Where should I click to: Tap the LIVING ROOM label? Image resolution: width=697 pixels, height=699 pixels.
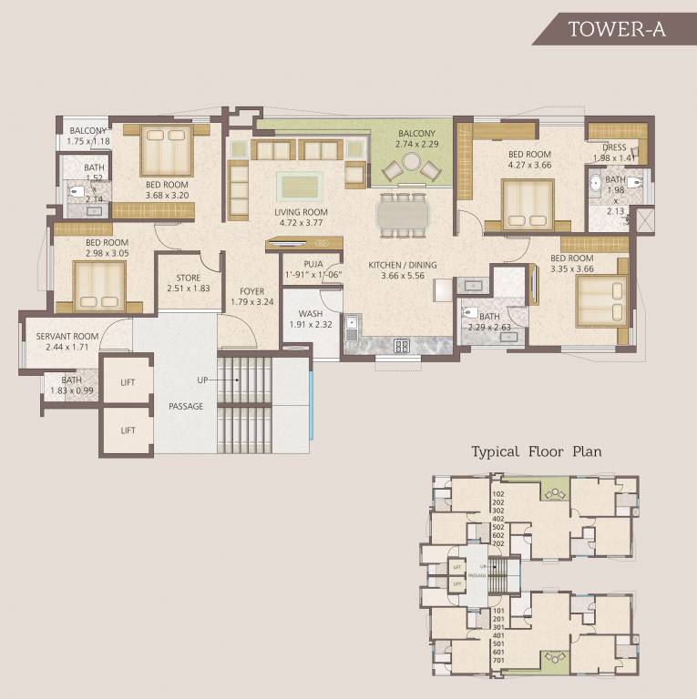302,212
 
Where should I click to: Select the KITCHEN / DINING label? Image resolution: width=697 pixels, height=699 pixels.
403,265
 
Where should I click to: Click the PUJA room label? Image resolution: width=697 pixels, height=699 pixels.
301,264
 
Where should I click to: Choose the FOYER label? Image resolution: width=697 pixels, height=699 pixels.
246,291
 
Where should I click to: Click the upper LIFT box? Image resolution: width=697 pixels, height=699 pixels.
128,382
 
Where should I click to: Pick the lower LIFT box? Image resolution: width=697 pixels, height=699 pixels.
128,430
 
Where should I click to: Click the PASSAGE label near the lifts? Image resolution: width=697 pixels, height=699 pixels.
185,406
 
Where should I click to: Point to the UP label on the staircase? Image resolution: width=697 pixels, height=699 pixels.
203,379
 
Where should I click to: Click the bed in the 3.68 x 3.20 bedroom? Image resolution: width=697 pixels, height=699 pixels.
166,151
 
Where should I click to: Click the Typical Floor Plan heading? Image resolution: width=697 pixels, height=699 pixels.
536,451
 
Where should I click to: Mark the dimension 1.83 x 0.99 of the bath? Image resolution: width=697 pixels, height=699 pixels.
71,390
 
